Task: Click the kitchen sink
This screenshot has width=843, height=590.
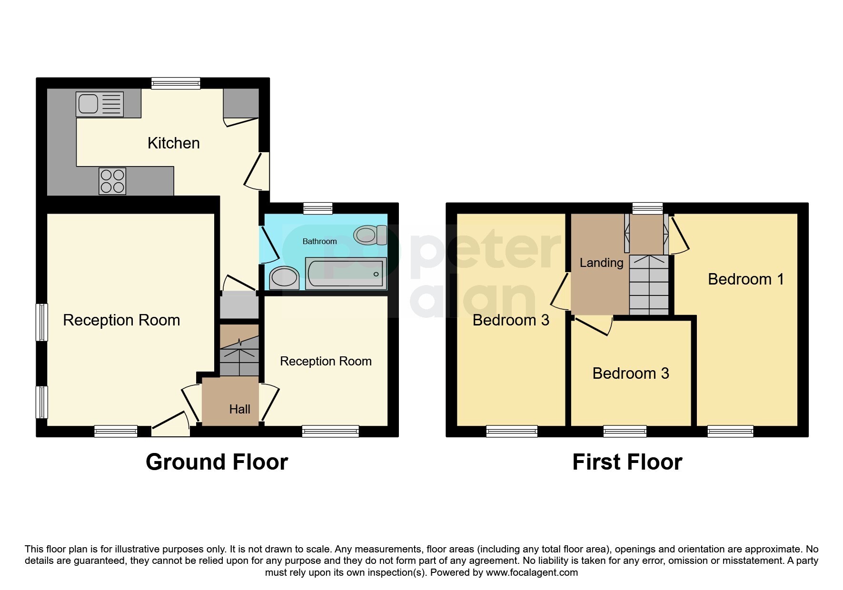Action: tap(99, 104)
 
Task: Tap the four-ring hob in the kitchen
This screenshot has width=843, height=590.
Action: tap(112, 181)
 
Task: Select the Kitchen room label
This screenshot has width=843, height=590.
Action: tap(173, 143)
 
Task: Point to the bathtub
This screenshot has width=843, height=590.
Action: tap(347, 274)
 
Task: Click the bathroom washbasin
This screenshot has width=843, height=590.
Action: tap(284, 277)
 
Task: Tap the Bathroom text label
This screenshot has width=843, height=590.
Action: tap(319, 242)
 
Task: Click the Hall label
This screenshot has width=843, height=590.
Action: tap(239, 409)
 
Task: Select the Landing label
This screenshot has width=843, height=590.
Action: tap(601, 263)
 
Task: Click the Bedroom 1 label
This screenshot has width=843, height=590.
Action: tap(745, 279)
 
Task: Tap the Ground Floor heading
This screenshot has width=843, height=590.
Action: tap(217, 462)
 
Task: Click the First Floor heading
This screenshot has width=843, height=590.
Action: tap(627, 462)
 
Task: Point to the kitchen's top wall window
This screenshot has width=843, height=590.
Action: tap(176, 83)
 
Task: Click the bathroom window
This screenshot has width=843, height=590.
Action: tap(317, 208)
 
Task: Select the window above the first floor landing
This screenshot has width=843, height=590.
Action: tap(647, 208)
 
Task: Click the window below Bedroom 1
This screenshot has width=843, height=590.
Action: tap(730, 432)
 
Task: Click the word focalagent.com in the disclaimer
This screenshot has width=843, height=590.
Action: tap(532, 572)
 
